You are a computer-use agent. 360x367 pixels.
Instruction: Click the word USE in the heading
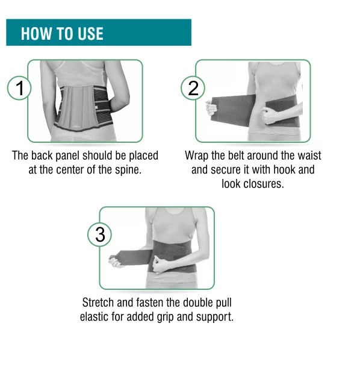tap(90, 34)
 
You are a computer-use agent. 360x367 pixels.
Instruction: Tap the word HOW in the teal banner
tap(36, 34)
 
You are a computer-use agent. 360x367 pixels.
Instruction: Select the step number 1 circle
tap(19, 88)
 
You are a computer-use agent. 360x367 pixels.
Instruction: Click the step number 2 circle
tap(193, 88)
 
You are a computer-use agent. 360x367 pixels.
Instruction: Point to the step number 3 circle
tap(100, 234)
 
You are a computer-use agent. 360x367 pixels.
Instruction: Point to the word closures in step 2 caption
tap(264, 184)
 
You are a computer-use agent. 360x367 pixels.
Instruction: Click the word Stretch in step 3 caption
tap(98, 303)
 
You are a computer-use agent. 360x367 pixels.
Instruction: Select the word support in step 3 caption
tap(215, 318)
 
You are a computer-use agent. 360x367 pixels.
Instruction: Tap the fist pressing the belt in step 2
tap(270, 116)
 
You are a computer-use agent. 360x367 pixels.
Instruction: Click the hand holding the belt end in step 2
tap(211, 108)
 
